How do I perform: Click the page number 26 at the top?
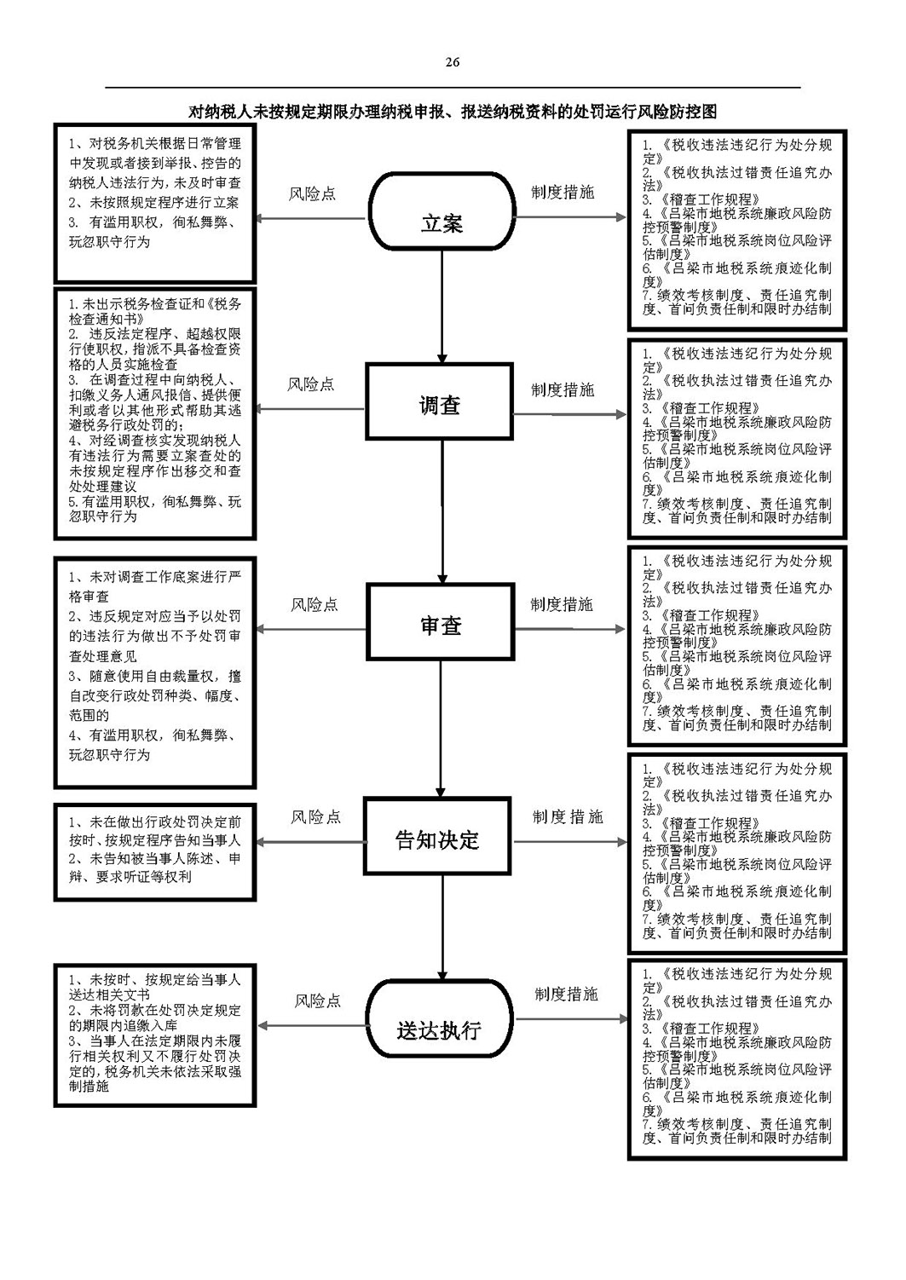coord(452,62)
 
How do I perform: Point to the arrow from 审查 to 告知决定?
coord(441,729)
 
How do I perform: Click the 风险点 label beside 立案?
coord(312,194)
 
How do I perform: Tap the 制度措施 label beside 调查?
coord(563,389)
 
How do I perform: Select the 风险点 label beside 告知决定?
coord(315,816)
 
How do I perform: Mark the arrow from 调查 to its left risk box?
coord(310,408)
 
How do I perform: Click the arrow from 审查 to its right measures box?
coord(570,629)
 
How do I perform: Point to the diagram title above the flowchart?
coord(453,112)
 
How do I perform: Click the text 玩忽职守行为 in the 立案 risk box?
coord(110,242)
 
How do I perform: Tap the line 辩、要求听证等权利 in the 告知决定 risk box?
coord(130,877)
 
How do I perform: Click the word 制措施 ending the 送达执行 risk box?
coord(89,1087)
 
